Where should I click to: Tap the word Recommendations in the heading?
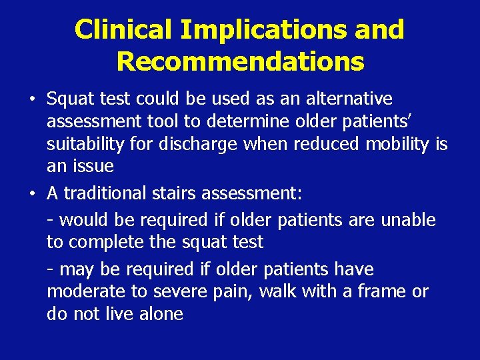click(x=240, y=61)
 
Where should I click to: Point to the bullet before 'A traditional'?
click(x=32, y=194)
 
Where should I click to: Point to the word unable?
click(x=408, y=220)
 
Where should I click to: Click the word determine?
click(x=250, y=122)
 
